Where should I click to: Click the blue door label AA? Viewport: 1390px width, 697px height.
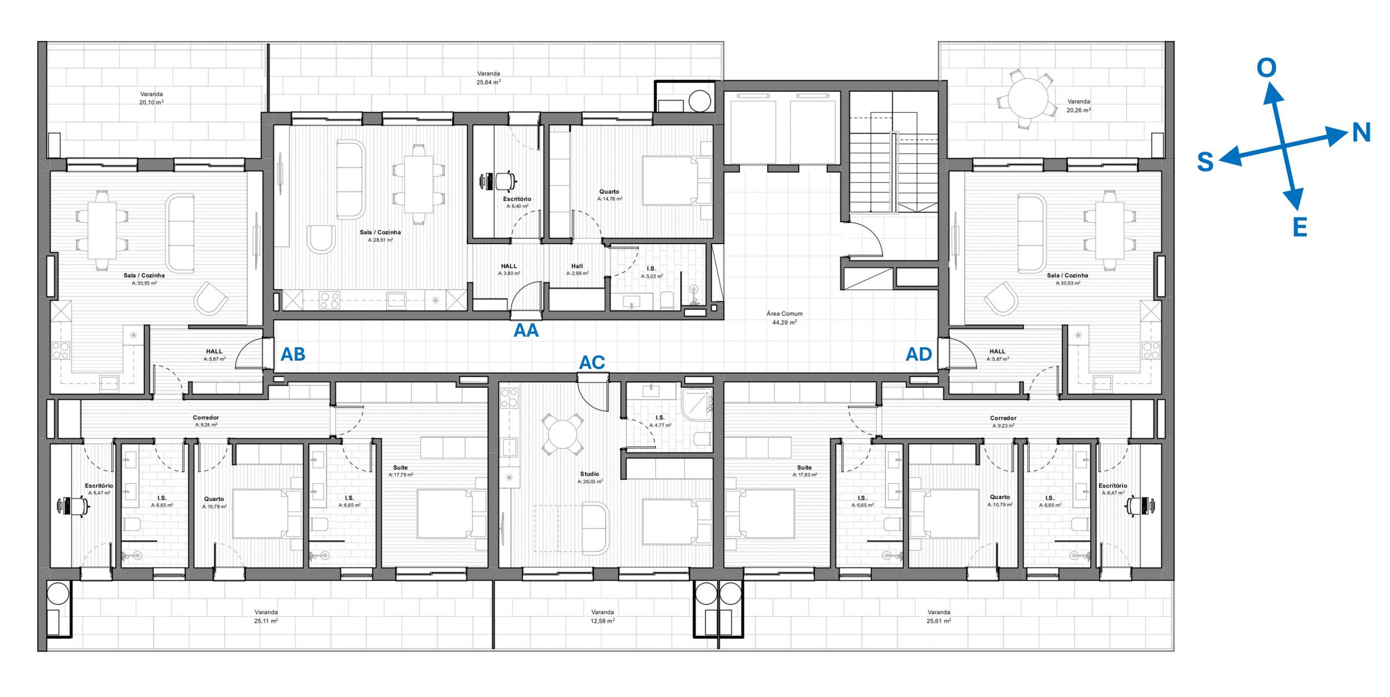[526, 330]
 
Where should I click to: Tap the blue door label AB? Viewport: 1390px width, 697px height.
[293, 354]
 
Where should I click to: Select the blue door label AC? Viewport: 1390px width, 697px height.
[592, 362]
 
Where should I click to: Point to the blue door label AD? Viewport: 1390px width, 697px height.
[919, 354]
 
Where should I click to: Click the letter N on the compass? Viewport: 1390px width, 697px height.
[1361, 133]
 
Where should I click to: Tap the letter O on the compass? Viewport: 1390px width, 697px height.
[1267, 68]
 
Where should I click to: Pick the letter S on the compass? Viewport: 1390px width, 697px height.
[1205, 162]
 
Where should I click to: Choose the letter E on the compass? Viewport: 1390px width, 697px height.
[1300, 227]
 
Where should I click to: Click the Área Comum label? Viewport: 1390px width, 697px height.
[785, 318]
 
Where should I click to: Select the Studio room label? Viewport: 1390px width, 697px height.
[590, 477]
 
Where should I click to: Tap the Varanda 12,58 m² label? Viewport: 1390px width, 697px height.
[603, 616]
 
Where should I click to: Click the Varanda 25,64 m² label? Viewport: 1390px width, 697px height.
[489, 78]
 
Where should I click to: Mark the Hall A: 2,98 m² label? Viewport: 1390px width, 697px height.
[577, 270]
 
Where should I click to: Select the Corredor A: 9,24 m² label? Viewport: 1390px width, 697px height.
[206, 421]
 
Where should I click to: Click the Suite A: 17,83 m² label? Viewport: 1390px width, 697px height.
[805, 471]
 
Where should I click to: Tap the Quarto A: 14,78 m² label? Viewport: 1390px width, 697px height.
[609, 195]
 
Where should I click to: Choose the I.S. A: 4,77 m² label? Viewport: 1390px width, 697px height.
[660, 421]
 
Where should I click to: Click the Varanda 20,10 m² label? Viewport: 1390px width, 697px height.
[151, 98]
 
